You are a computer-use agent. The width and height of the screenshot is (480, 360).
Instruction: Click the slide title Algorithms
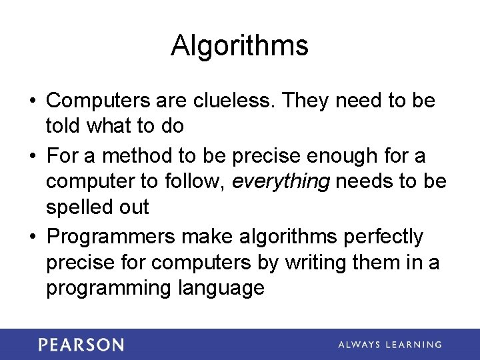[239, 46]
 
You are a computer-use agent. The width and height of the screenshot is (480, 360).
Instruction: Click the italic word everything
[280, 181]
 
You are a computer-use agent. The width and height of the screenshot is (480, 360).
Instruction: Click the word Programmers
[111, 237]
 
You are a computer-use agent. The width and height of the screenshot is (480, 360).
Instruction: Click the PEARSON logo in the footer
[81, 345]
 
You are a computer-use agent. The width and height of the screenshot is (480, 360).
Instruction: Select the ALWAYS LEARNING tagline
[389, 345]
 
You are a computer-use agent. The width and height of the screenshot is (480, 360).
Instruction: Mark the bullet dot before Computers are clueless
[33, 102]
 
